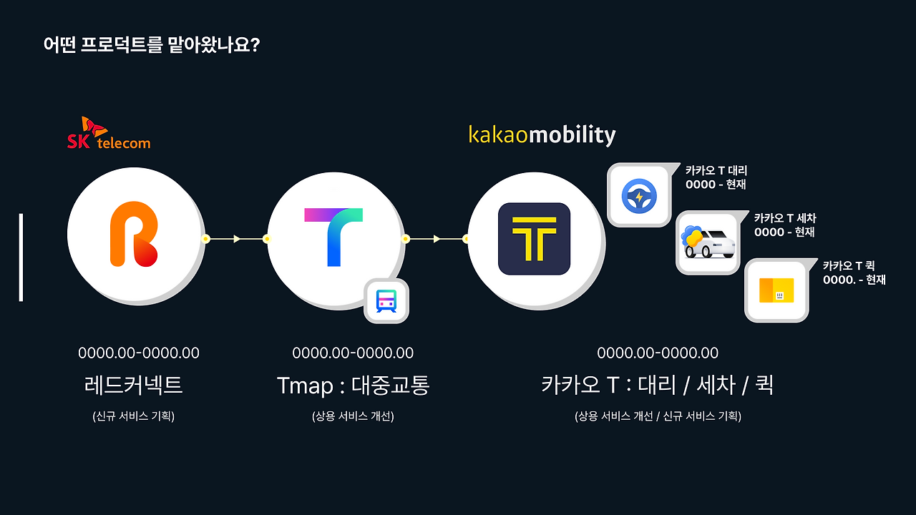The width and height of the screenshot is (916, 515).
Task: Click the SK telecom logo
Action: point(109,134)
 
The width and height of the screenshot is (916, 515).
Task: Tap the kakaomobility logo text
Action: point(542,134)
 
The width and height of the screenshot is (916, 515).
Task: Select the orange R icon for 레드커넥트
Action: point(134,233)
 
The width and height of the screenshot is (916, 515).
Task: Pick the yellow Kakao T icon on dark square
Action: point(534,239)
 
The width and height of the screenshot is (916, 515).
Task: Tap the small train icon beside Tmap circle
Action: point(386,301)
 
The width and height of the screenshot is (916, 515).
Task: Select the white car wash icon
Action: point(708,243)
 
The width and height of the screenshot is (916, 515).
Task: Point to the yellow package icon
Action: point(776,290)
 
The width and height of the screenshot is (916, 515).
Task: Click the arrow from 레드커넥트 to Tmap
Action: point(236,239)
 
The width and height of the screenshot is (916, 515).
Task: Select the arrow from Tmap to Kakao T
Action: point(436,239)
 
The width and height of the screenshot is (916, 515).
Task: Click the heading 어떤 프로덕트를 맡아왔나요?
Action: point(151,45)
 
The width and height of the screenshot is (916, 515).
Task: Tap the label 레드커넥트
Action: point(133,386)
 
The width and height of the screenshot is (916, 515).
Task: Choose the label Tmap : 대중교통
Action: point(353,386)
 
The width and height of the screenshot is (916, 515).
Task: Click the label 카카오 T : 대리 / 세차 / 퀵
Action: point(657,386)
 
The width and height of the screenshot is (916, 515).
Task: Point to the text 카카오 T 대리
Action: point(716,171)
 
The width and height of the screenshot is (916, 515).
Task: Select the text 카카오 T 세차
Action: point(784,218)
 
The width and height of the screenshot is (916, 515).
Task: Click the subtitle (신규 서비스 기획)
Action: point(133,416)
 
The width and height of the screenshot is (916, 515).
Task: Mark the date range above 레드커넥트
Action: point(139,353)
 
